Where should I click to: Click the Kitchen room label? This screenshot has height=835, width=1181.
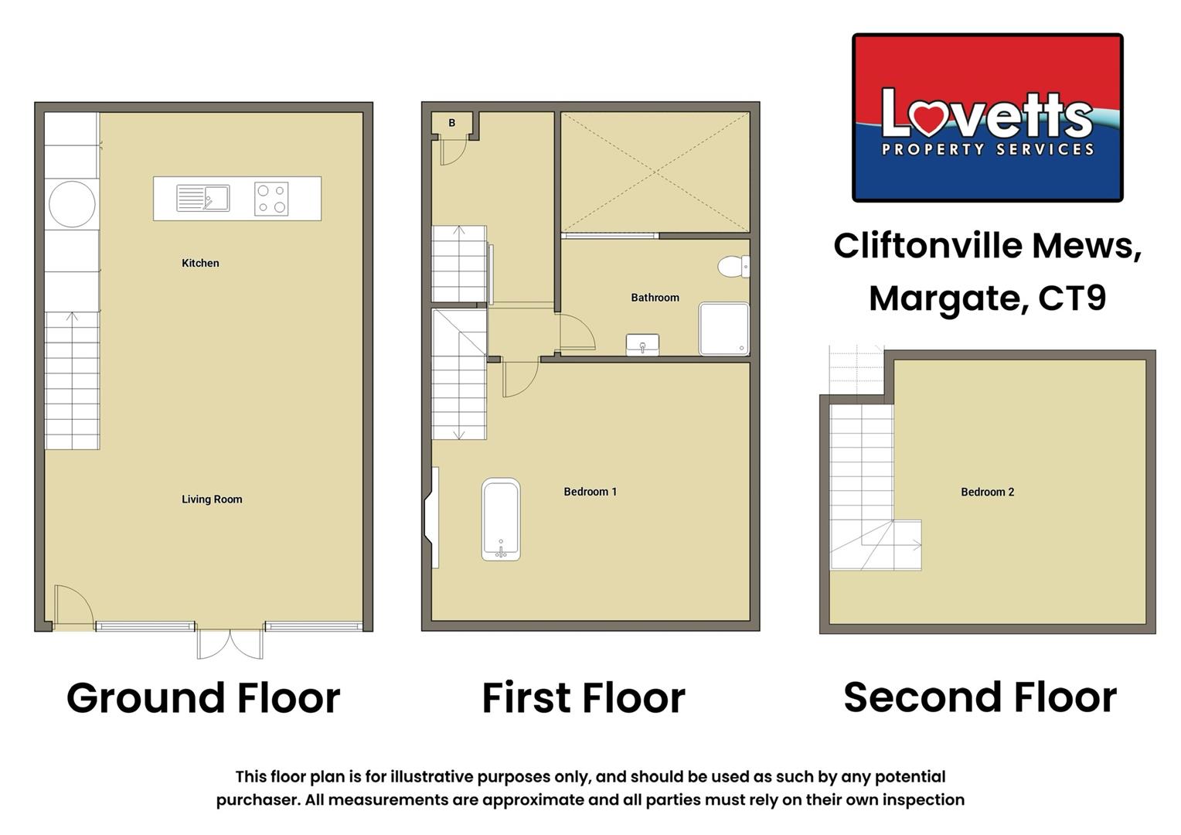tap(200, 263)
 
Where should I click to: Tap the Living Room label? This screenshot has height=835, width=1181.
tap(212, 499)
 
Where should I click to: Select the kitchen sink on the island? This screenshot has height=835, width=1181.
tap(203, 198)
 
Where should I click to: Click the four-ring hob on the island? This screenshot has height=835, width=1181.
tap(271, 199)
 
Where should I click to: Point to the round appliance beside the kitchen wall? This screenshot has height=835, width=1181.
tap(72, 204)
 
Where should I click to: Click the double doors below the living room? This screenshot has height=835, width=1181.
tap(230, 643)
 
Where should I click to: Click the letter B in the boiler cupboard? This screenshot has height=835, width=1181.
tap(452, 123)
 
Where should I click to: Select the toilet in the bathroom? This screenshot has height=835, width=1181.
tap(733, 267)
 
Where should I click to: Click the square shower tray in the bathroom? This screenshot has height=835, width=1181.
tap(724, 329)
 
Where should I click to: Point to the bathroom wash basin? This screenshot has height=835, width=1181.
tap(642, 344)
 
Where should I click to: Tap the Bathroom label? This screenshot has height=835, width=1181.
tap(655, 298)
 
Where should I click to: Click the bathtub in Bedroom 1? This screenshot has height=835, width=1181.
tap(501, 519)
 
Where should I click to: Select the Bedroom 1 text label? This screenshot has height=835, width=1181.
tap(590, 492)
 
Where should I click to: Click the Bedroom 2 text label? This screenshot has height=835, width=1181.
tap(987, 492)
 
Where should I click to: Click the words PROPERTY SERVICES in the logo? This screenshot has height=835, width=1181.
tap(988, 149)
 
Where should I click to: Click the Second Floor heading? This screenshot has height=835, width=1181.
tap(979, 697)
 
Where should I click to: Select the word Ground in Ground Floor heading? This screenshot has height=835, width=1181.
tap(145, 698)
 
